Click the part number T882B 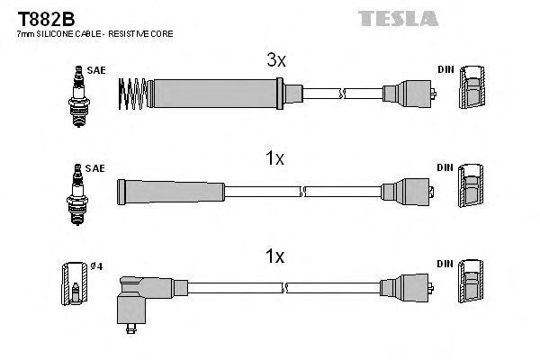(42, 17)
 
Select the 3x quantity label (276, 61)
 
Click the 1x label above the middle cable (275, 158)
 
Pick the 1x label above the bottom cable (275, 256)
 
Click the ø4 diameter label (97, 265)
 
